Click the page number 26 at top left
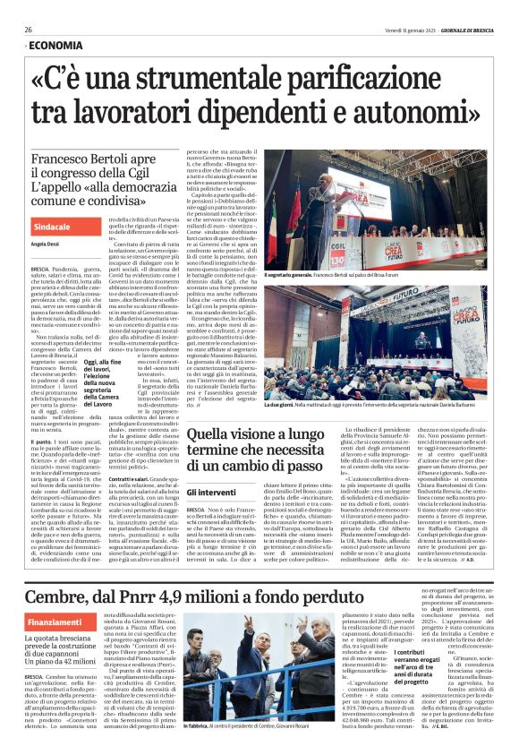point(29,30)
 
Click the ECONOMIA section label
point(55,45)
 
